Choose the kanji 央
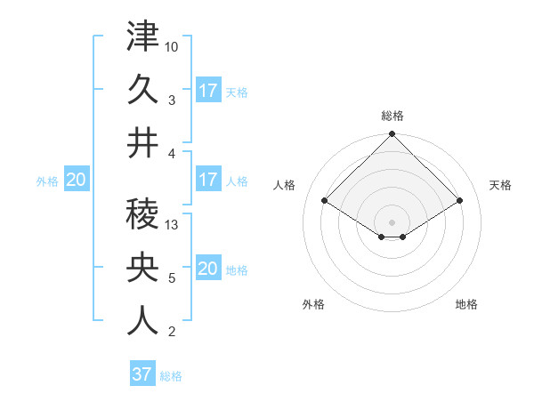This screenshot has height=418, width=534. click(142, 268)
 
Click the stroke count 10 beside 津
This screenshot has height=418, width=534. click(173, 45)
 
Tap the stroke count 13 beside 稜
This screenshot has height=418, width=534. click(173, 225)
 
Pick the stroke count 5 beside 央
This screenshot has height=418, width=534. click(172, 278)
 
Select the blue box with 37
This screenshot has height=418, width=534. click(142, 374)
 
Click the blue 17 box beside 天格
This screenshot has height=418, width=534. click(208, 90)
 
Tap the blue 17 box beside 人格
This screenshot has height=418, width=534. click(208, 180)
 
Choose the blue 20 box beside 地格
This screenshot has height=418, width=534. click(208, 269)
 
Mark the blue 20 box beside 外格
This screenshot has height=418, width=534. click(77, 180)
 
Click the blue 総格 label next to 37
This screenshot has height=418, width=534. click(171, 376)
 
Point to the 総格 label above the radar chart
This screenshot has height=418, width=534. click(392, 116)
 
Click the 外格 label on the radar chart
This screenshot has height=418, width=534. click(313, 304)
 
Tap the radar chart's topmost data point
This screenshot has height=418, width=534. click(392, 135)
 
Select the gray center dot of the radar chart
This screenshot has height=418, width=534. click(392, 221)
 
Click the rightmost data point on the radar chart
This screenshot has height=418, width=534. click(460, 201)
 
